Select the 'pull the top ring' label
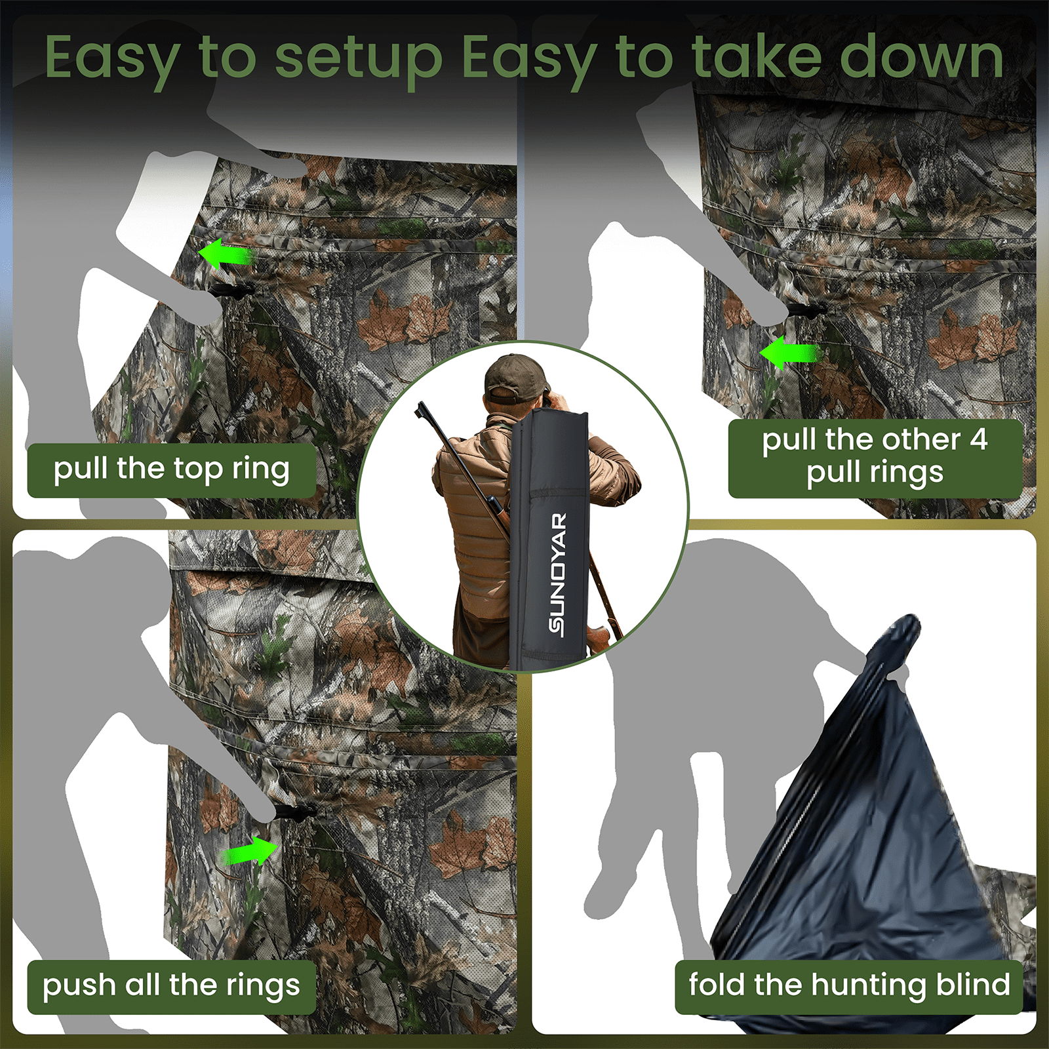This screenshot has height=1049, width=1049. point(172,470)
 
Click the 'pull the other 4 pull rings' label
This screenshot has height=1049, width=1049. point(875,457)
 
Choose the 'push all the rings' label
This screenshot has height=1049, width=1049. point(172,987)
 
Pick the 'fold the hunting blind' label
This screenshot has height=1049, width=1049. point(849,987)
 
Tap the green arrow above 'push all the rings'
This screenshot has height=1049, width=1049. point(251,852)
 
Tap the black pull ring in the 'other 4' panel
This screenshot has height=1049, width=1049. point(806,310)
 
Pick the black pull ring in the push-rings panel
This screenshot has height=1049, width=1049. point(292,814)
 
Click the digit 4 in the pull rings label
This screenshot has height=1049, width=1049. point(979,440)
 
